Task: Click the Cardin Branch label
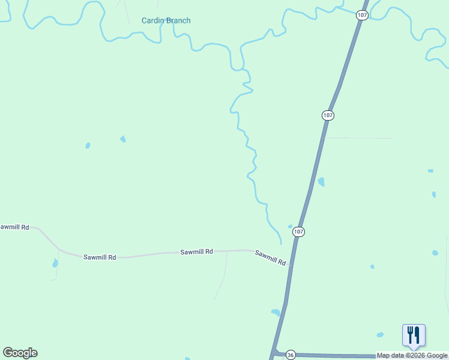pos(166,20)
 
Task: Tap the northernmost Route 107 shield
pos(361,15)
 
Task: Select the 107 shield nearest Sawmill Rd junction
pos(299,232)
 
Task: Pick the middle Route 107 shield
pos(327,115)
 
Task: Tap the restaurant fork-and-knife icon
pos(414,335)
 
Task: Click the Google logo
pos(20,353)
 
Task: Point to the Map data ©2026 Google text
pos(412,355)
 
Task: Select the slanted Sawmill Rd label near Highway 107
pos(270,257)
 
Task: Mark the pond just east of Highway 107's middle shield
pos(321,182)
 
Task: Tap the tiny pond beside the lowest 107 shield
pos(290,226)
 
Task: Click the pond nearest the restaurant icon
pos(380,334)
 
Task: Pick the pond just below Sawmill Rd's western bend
pos(55,263)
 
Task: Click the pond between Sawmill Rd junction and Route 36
pos(276,313)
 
